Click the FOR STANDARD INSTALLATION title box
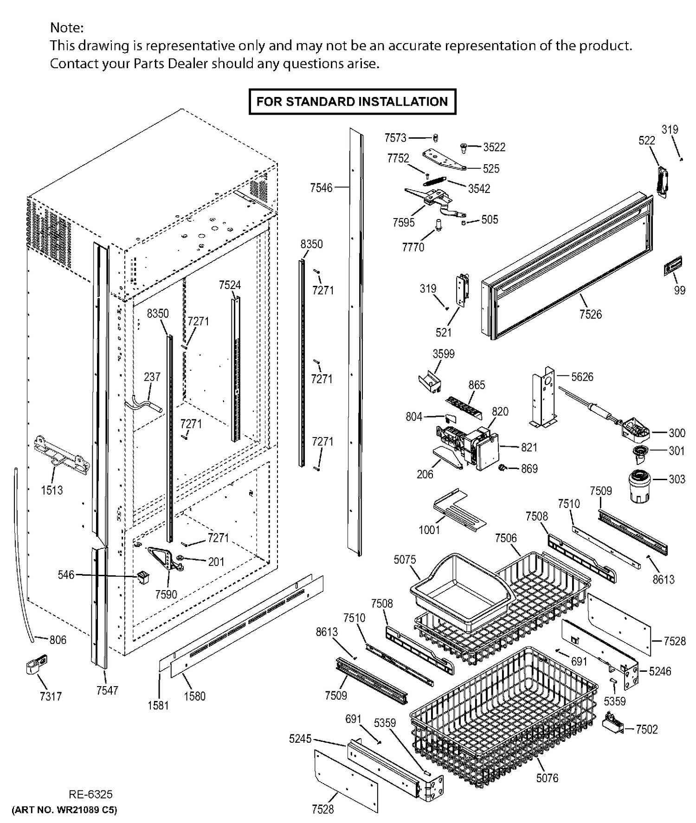point(352,102)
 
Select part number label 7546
point(321,187)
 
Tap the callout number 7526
point(590,314)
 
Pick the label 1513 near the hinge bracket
point(52,490)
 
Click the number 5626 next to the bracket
point(582,377)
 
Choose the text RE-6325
point(90,794)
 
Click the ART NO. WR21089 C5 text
point(64,810)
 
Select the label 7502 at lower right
point(646,729)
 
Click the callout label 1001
point(429,529)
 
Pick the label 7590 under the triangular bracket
point(166,594)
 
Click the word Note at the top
point(67,27)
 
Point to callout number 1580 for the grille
point(194,696)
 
